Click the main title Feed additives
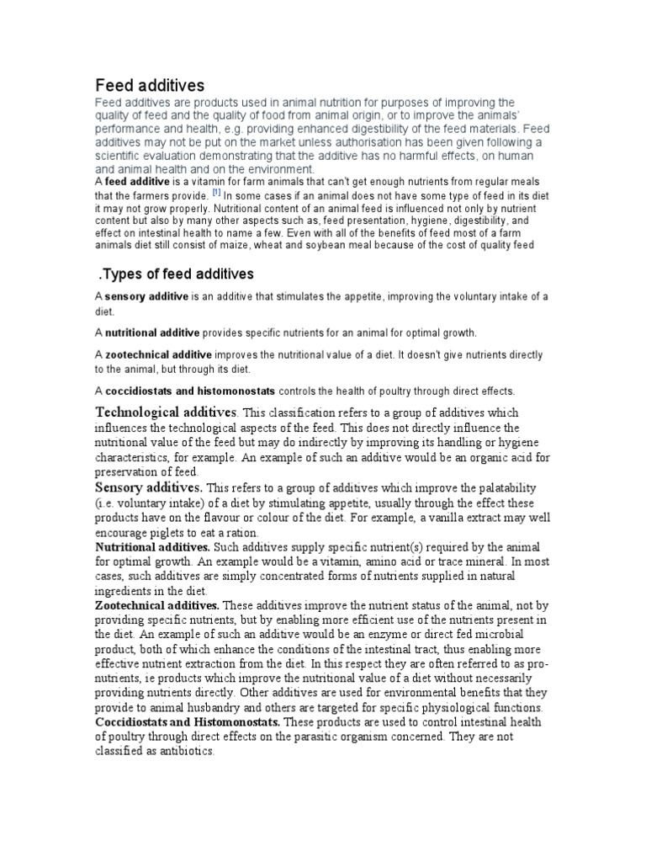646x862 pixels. [x=149, y=85]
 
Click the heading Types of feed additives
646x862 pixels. [x=177, y=274]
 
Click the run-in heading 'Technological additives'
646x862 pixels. [x=167, y=412]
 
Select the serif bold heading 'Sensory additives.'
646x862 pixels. [x=148, y=488]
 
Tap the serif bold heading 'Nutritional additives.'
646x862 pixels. [x=152, y=547]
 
